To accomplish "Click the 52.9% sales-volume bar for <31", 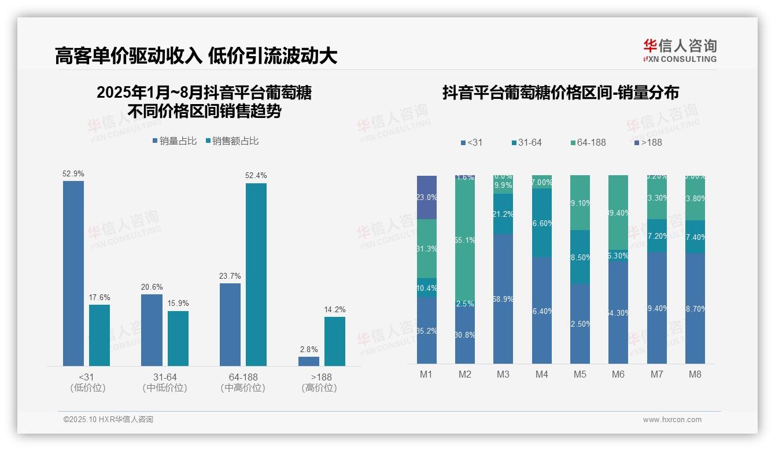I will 73,273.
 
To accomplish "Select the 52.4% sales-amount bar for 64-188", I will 256,274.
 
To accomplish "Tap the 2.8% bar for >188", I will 309,361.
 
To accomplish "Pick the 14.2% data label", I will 334,309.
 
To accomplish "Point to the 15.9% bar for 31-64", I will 178,338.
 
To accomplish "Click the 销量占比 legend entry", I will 174,141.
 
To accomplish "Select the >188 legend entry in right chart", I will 648,142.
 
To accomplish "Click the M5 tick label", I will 580,374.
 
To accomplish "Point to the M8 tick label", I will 695,374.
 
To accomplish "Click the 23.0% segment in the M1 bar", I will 427,197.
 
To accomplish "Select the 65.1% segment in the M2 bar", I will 465,241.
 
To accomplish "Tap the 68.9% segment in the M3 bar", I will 503,298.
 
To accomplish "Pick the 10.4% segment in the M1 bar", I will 427,287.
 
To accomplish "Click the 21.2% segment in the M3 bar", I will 503,214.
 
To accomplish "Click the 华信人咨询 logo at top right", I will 680,50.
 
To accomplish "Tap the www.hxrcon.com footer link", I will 672,420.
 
